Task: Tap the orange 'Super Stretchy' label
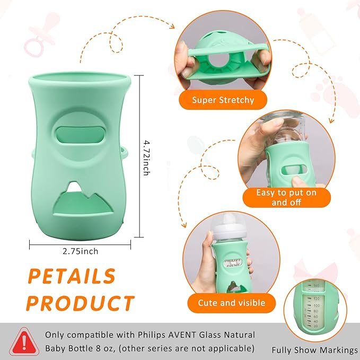[x=223, y=100]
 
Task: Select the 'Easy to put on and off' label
[x=286, y=197]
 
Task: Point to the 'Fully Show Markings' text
[x=315, y=350]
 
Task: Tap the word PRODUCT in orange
[x=80, y=303]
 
